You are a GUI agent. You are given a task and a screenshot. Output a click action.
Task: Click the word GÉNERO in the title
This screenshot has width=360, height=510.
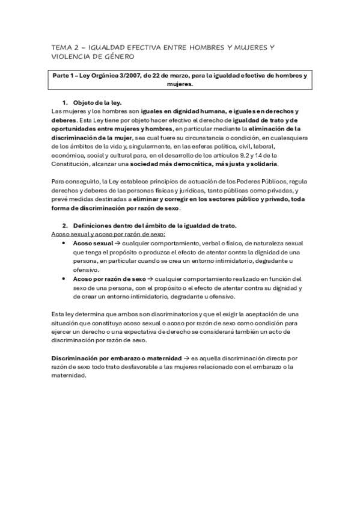point(118,57)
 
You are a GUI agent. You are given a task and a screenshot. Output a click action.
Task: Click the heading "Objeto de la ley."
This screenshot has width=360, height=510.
point(97,103)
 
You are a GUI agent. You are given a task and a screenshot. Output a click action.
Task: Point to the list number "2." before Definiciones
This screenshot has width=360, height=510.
point(65,226)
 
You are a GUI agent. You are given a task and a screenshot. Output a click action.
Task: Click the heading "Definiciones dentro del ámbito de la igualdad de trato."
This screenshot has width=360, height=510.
point(154,226)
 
